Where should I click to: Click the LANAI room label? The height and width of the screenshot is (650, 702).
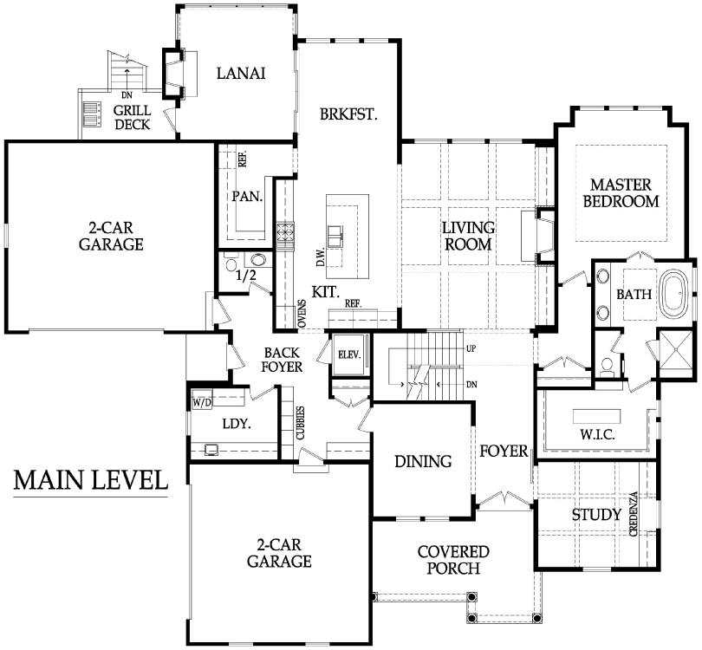[x=241, y=73]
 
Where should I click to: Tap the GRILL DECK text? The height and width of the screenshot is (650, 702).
[x=132, y=117]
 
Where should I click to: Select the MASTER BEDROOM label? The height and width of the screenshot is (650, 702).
[x=621, y=193]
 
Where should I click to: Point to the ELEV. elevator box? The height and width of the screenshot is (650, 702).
[x=349, y=354]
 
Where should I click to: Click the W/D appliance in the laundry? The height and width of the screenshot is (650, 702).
[x=202, y=402]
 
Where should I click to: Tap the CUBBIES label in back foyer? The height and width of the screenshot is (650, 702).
[x=301, y=423]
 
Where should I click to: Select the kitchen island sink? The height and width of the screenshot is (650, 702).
[x=335, y=237]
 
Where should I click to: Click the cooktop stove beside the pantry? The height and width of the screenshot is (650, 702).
[x=284, y=232]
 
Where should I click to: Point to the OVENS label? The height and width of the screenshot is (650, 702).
[x=302, y=314]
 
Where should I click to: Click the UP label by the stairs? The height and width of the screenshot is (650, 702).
[x=471, y=348]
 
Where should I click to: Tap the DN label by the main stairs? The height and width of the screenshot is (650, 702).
[x=471, y=385]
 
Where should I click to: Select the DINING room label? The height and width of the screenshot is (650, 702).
[x=423, y=461]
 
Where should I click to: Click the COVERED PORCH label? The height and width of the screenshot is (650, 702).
[x=453, y=560]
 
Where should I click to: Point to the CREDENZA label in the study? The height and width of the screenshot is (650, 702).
[x=633, y=514]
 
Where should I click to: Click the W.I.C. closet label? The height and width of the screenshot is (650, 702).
[x=597, y=434]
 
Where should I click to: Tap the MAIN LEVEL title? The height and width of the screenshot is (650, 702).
[x=91, y=480]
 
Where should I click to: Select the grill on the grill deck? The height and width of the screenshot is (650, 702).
[x=92, y=114]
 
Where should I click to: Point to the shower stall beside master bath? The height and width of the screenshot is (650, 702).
[x=677, y=353]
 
